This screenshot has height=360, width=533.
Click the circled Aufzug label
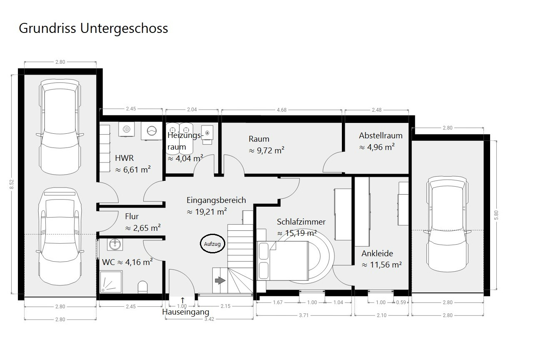point(212,244)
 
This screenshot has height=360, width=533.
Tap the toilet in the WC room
point(143,287)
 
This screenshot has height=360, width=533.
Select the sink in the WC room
point(115,244)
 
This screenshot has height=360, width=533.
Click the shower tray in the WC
point(111,282)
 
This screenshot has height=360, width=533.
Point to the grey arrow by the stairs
point(220,280)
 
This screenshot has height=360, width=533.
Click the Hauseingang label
point(186,312)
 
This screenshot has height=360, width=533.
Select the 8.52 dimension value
point(12,184)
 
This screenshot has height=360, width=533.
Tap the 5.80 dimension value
point(496,215)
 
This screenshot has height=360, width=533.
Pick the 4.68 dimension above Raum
point(281,110)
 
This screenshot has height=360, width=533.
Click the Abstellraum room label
point(381,135)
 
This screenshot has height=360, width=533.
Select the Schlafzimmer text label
point(301,222)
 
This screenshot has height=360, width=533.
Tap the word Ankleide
point(377,253)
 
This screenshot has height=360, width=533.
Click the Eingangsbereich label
point(216,200)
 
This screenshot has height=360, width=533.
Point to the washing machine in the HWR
point(152,131)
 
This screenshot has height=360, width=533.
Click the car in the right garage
point(447,224)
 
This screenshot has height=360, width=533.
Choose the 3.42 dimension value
point(209,319)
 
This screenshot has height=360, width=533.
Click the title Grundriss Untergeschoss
point(93,28)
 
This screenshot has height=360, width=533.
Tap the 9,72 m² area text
point(266,150)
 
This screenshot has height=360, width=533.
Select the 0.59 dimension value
point(401,302)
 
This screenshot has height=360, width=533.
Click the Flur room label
point(132,216)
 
